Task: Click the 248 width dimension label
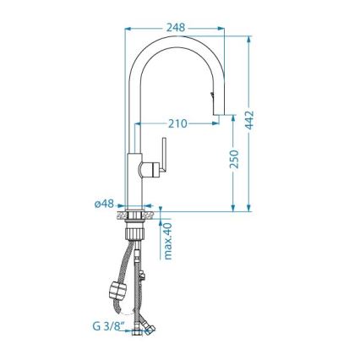[x=176, y=27]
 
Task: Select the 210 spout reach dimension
[x=177, y=123]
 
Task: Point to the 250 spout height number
[x=235, y=158]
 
